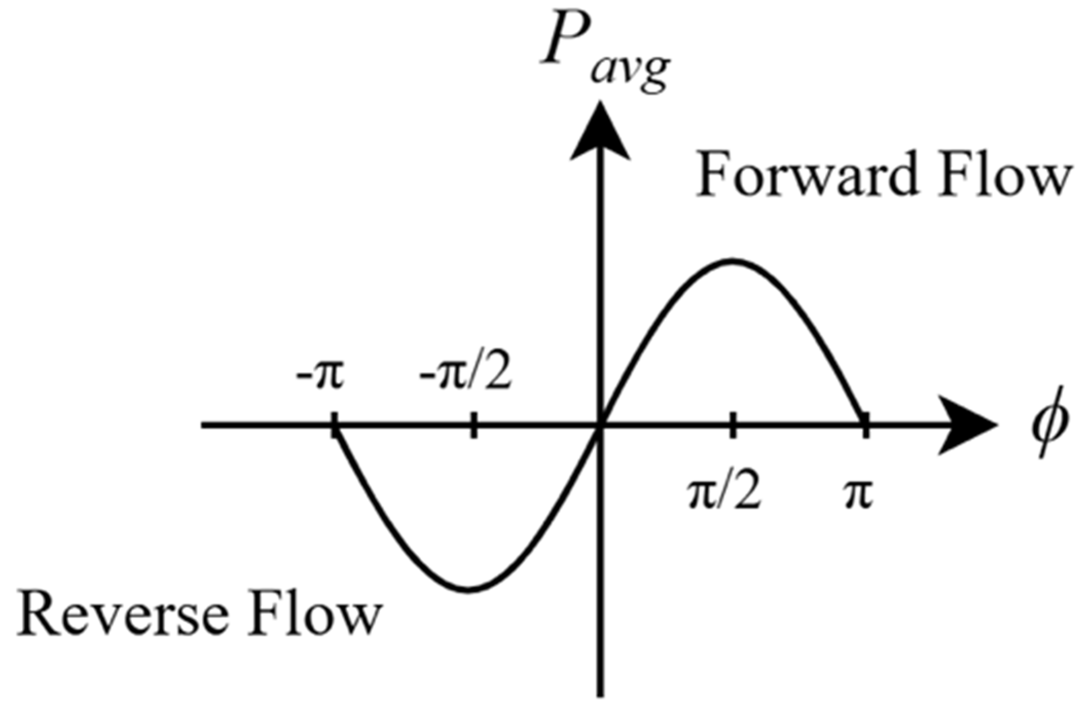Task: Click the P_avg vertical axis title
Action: (604, 51)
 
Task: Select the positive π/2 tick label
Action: (724, 494)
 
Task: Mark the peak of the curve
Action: (733, 261)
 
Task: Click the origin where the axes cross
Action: (600, 425)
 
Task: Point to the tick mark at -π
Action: (335, 425)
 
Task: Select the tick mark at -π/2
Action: (473, 425)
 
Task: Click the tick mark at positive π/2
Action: (733, 425)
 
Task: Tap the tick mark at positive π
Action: (866, 425)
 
